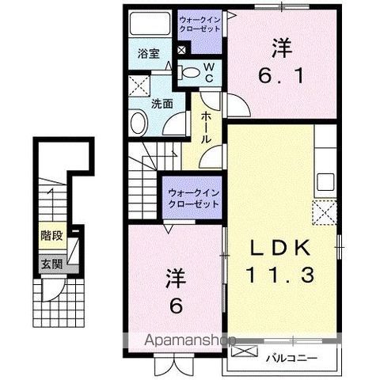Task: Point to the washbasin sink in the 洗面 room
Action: (x=138, y=123)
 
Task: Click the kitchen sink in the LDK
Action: (x=325, y=180)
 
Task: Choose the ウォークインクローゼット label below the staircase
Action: (x=192, y=198)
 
